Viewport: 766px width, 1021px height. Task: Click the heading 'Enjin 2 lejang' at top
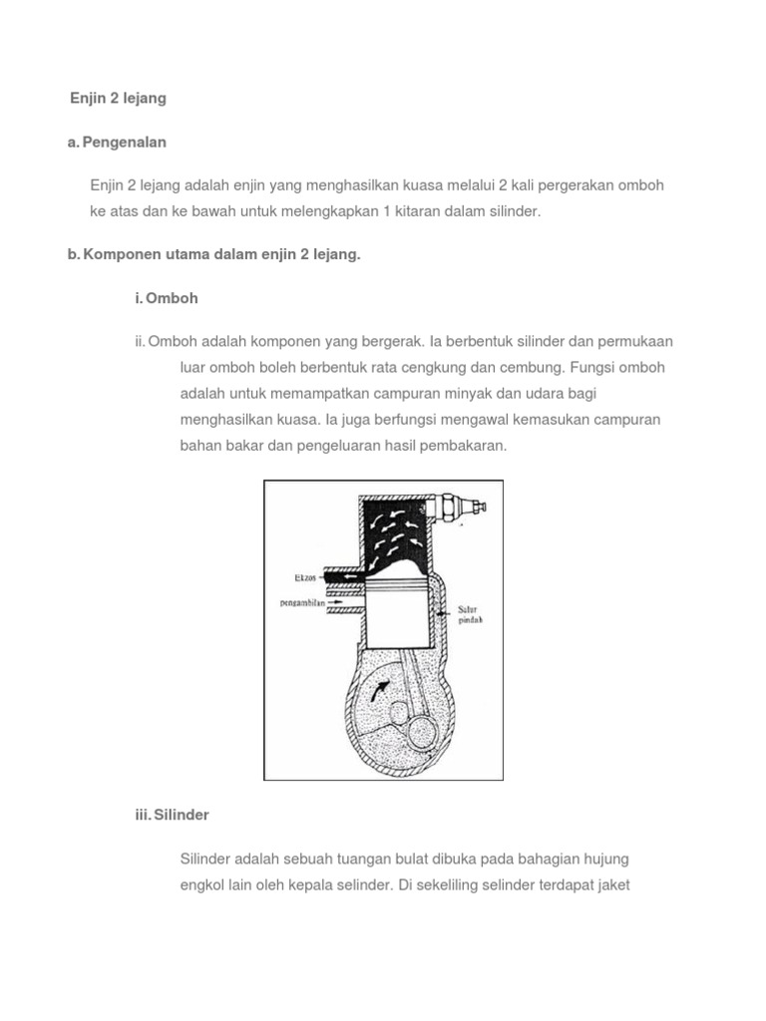(118, 99)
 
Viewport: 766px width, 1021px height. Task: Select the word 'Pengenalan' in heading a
(125, 143)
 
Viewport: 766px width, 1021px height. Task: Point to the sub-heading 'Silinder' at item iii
(180, 816)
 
